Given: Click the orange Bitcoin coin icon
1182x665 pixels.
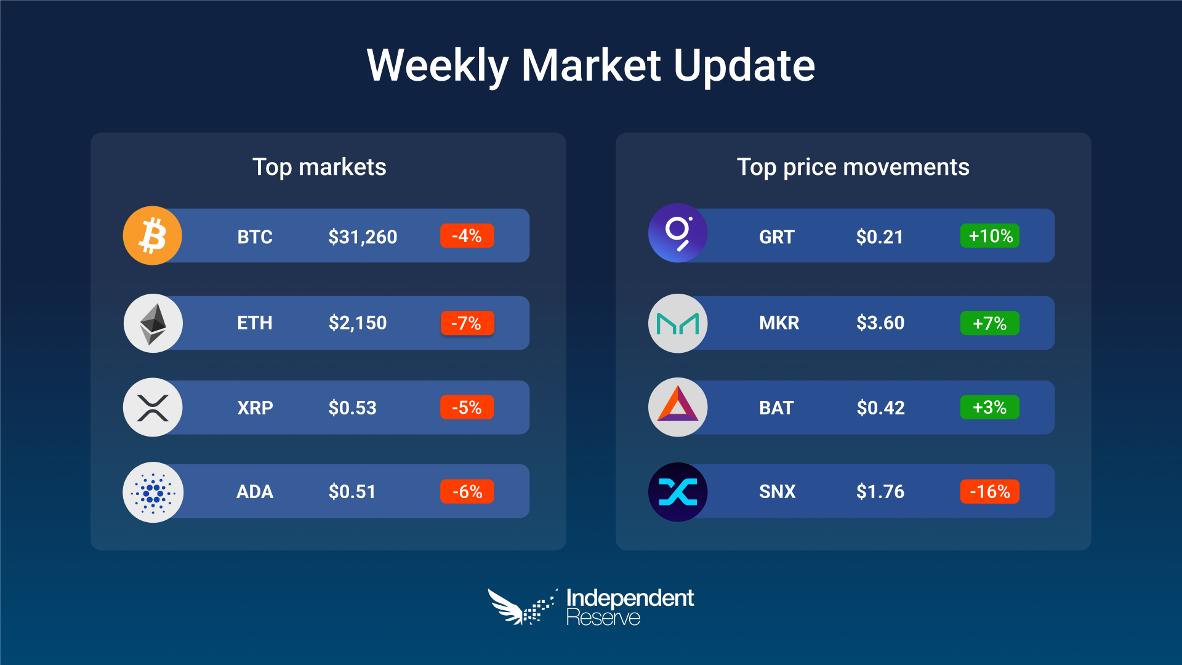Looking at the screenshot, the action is click(153, 236).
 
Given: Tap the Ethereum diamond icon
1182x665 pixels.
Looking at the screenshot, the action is click(153, 323).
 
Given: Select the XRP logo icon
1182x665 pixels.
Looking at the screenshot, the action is click(153, 408).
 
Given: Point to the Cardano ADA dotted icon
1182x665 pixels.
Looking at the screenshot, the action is click(153, 492).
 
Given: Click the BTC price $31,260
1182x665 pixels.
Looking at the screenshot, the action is click(363, 236).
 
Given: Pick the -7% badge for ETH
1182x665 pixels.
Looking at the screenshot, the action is click(467, 323).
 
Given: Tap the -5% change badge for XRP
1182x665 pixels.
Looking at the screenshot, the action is click(467, 407).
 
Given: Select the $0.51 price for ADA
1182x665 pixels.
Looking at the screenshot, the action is click(352, 491).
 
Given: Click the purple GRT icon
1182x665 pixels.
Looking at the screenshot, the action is click(678, 233).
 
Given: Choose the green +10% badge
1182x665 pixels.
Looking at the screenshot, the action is click(990, 236).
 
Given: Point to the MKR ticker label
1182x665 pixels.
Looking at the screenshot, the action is click(779, 323).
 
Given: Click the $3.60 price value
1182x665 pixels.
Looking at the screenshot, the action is click(880, 323).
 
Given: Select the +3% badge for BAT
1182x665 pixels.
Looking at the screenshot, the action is click(990, 407).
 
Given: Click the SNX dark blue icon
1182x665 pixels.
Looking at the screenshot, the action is click(678, 492).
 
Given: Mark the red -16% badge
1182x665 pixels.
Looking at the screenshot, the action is click(990, 491).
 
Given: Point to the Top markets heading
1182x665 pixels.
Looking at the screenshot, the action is click(320, 167).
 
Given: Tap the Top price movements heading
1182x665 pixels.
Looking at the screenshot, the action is click(853, 167).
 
